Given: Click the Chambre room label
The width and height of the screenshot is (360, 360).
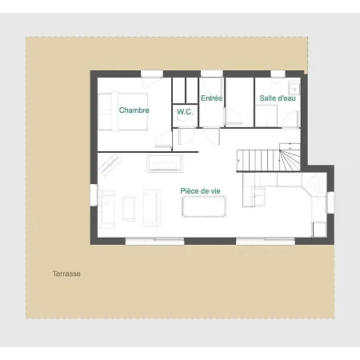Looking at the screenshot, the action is [x=134, y=110].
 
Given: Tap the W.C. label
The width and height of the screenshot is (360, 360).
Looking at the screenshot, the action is [x=185, y=112].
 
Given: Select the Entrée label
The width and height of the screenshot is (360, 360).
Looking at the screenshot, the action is [x=211, y=98].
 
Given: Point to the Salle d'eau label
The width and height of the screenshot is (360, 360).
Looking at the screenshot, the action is [x=278, y=98].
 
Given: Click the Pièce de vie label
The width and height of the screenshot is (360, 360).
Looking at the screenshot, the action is [x=200, y=191].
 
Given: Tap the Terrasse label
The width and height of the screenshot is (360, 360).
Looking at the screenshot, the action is [x=66, y=274].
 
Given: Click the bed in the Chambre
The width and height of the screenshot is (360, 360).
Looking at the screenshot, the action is [x=122, y=111].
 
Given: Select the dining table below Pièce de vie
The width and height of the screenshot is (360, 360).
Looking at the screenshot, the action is [x=204, y=206].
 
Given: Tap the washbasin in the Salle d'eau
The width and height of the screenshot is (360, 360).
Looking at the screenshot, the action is [x=294, y=87].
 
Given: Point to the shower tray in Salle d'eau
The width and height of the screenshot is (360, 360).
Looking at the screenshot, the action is [x=266, y=116].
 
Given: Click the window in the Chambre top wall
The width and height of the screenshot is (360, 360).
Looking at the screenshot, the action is [x=152, y=74].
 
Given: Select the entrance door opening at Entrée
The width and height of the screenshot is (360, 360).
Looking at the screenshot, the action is [x=212, y=74].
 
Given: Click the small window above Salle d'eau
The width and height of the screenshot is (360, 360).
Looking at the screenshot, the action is [x=278, y=74].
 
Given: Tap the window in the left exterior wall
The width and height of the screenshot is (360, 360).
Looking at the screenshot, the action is [x=94, y=195].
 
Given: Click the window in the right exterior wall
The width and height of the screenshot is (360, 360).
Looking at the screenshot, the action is [x=330, y=202].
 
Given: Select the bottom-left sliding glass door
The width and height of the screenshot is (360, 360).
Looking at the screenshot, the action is [x=154, y=242].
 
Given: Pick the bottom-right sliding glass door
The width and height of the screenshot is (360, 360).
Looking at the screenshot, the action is [x=266, y=242].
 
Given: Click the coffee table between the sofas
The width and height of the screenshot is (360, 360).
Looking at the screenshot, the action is [x=129, y=208].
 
